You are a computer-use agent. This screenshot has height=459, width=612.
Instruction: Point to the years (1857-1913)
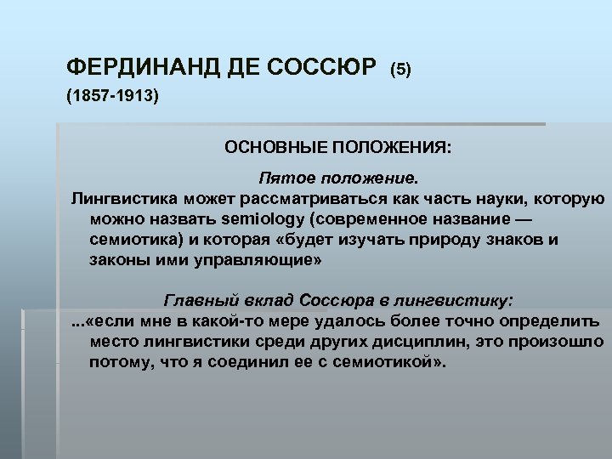[112, 97]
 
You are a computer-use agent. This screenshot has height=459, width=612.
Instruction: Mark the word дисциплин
[405, 343]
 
